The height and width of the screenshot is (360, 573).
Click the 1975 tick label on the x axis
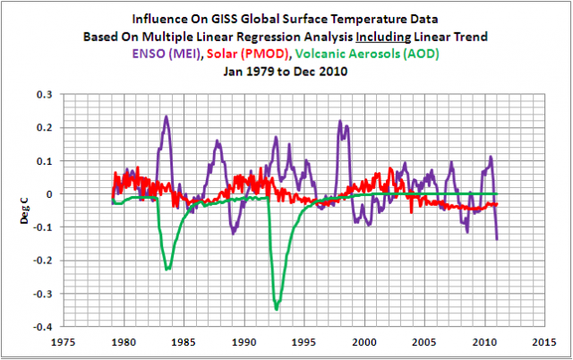click(63, 341)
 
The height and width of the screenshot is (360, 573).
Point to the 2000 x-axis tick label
click(363, 341)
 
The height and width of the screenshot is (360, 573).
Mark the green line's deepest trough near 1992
click(277, 309)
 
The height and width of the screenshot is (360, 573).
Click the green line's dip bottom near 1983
click(167, 269)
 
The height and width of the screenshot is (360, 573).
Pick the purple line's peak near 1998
click(341, 122)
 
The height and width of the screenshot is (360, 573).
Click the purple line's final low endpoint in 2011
click(497, 238)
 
